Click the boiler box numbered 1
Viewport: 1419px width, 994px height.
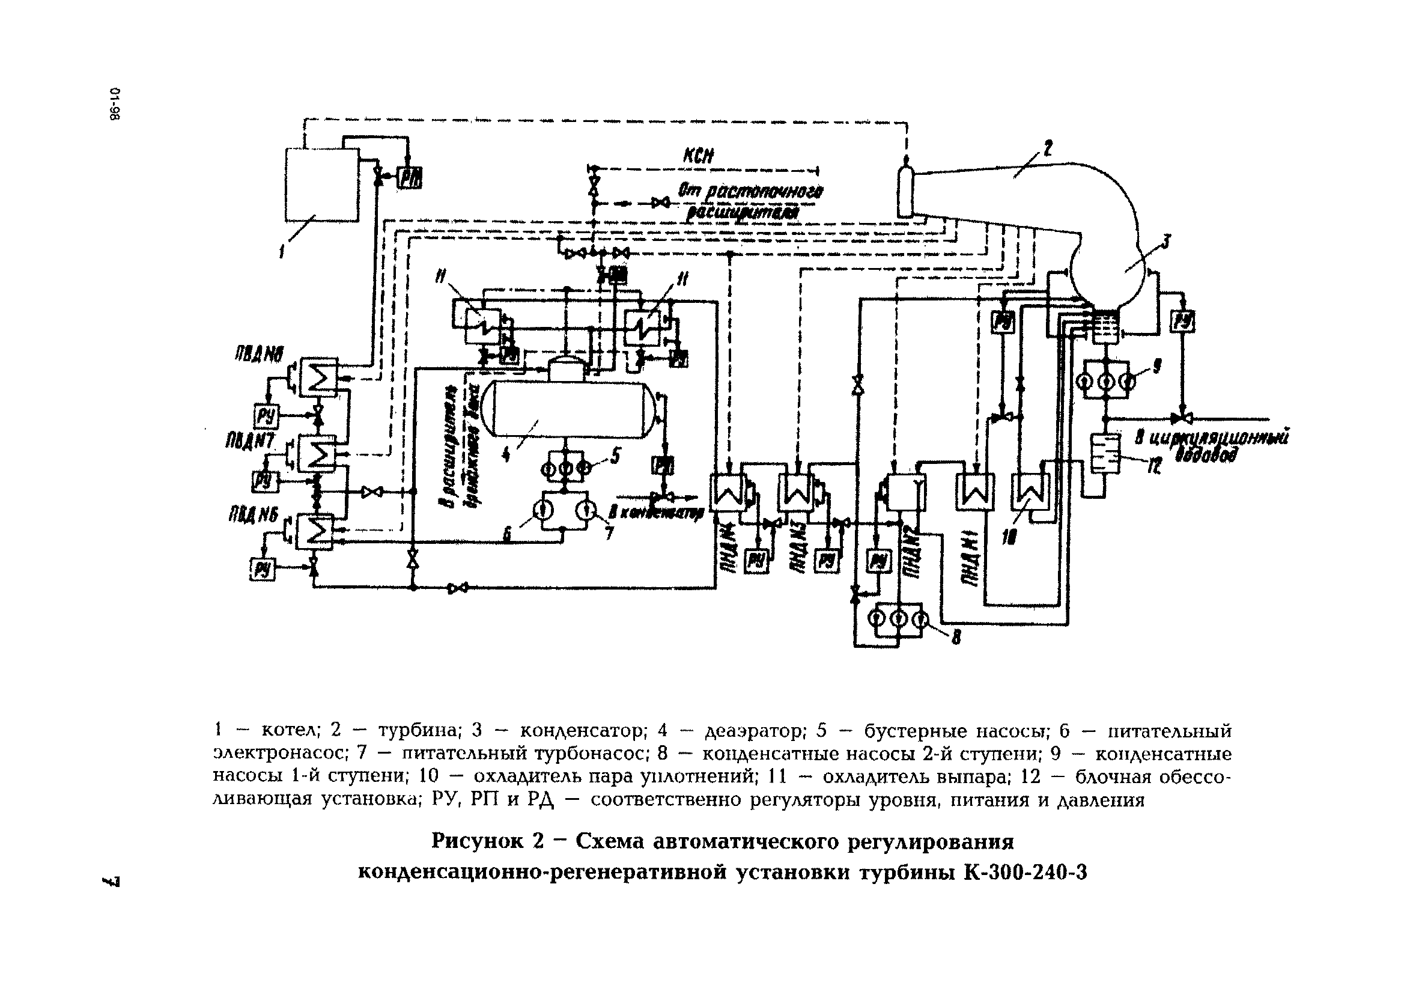(321, 184)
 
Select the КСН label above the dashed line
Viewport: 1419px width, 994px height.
(698, 156)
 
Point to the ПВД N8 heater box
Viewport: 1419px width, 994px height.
(318, 376)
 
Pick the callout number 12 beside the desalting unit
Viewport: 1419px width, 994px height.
(1154, 468)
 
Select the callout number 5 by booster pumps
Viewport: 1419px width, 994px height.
(615, 456)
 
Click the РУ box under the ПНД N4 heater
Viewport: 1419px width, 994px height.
(755, 561)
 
